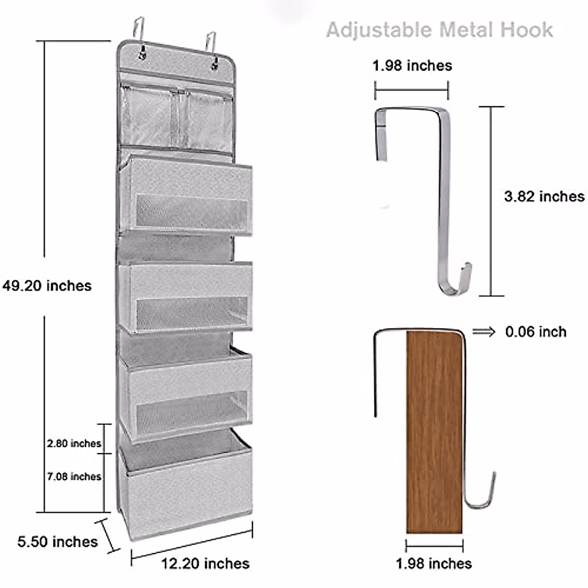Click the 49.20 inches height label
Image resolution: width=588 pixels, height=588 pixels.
click(47, 286)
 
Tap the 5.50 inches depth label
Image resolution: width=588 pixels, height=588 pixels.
click(58, 541)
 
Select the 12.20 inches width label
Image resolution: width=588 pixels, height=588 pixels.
click(205, 563)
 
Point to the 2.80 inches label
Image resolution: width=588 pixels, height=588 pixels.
click(74, 443)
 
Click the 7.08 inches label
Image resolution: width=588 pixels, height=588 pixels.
click(74, 476)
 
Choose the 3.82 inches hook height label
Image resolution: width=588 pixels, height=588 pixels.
click(544, 196)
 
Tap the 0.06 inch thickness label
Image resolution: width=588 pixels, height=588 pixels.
click(536, 332)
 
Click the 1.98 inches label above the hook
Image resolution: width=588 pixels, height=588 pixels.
click(412, 66)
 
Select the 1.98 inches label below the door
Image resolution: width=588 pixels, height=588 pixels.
click(434, 563)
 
